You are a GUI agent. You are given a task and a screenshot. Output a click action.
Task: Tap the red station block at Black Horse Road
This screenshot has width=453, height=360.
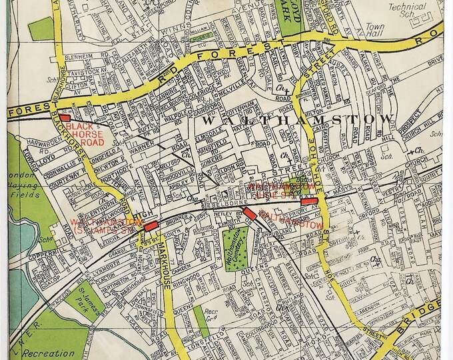65,117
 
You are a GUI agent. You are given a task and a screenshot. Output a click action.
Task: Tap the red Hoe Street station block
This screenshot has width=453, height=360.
308,201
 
